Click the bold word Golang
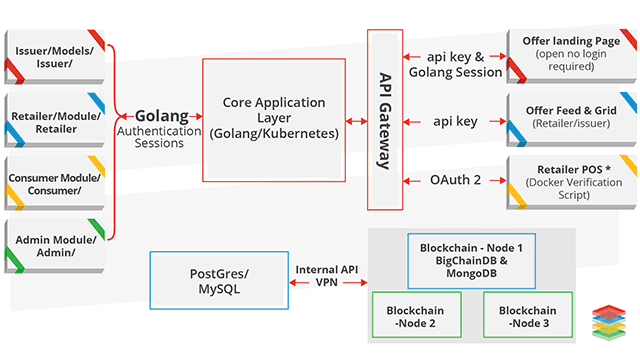click(161, 115)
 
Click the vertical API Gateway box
click(385, 120)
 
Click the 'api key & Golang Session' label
click(455, 63)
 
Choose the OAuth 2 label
click(455, 180)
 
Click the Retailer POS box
click(565, 181)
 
